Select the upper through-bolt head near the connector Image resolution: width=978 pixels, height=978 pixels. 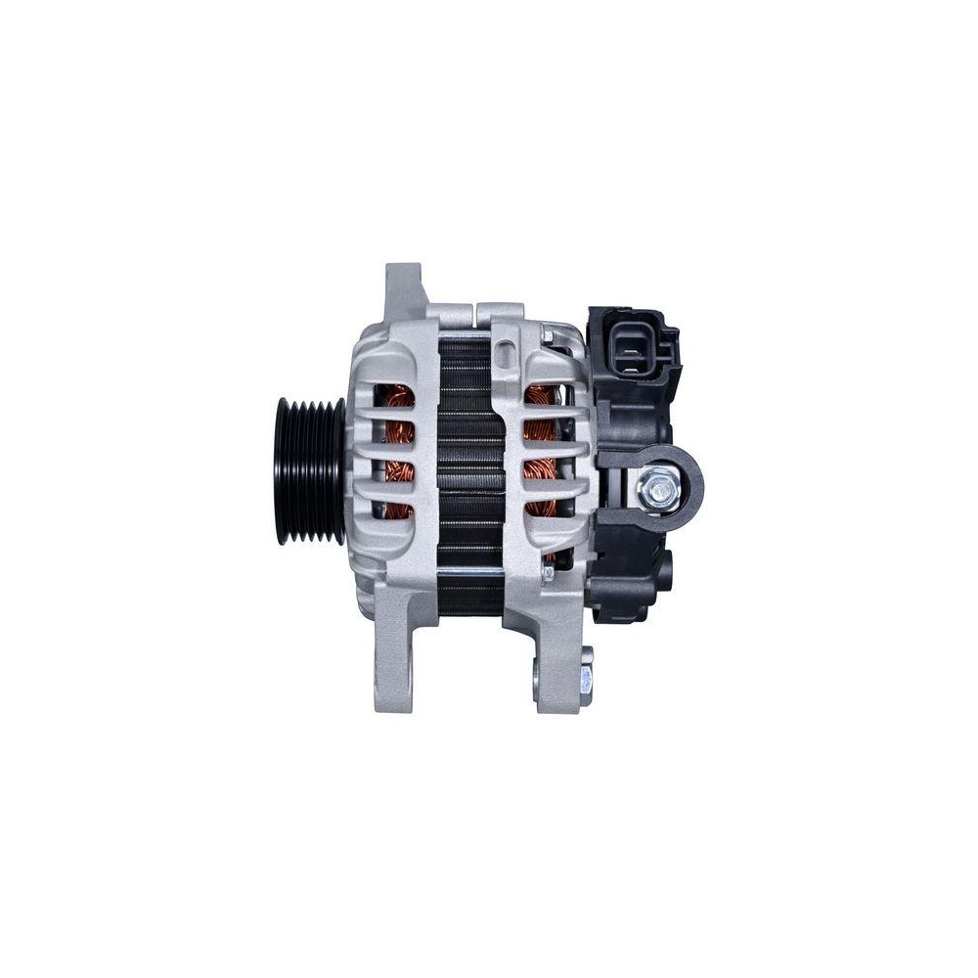(x=550, y=336)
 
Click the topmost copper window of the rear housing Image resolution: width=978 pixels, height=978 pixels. (x=541, y=396)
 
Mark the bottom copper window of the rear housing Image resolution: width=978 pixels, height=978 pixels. (x=541, y=509)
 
